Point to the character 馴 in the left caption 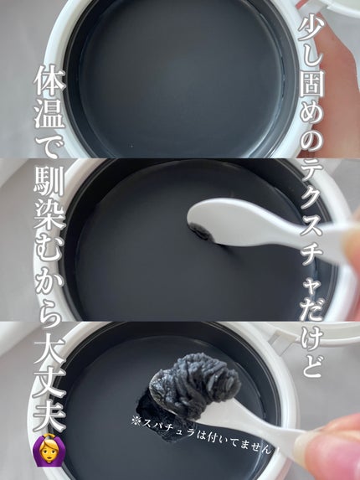[x=49, y=181]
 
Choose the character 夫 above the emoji [x=49, y=415]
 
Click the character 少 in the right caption [x=312, y=26]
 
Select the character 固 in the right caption [x=312, y=90]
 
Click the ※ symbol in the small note [x=136, y=421]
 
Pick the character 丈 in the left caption [x=49, y=384]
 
